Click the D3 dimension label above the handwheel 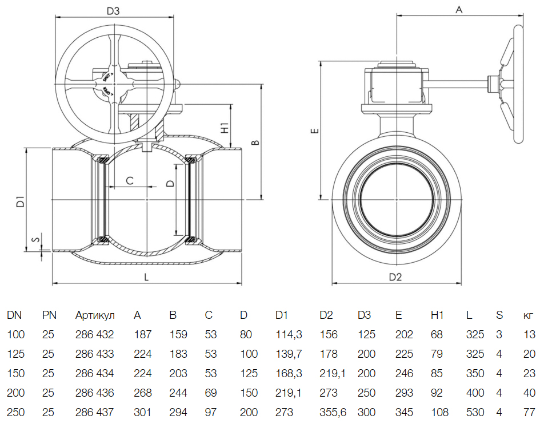[112, 10]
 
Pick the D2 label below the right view [396, 277]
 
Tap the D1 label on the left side [21, 201]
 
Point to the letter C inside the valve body [129, 181]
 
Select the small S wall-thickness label [35, 240]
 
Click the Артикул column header [95, 315]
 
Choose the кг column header [529, 315]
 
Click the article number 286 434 [95, 373]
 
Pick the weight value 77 [529, 412]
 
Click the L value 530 [474, 412]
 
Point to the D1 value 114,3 [289, 334]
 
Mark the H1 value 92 [437, 393]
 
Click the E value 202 [403, 334]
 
